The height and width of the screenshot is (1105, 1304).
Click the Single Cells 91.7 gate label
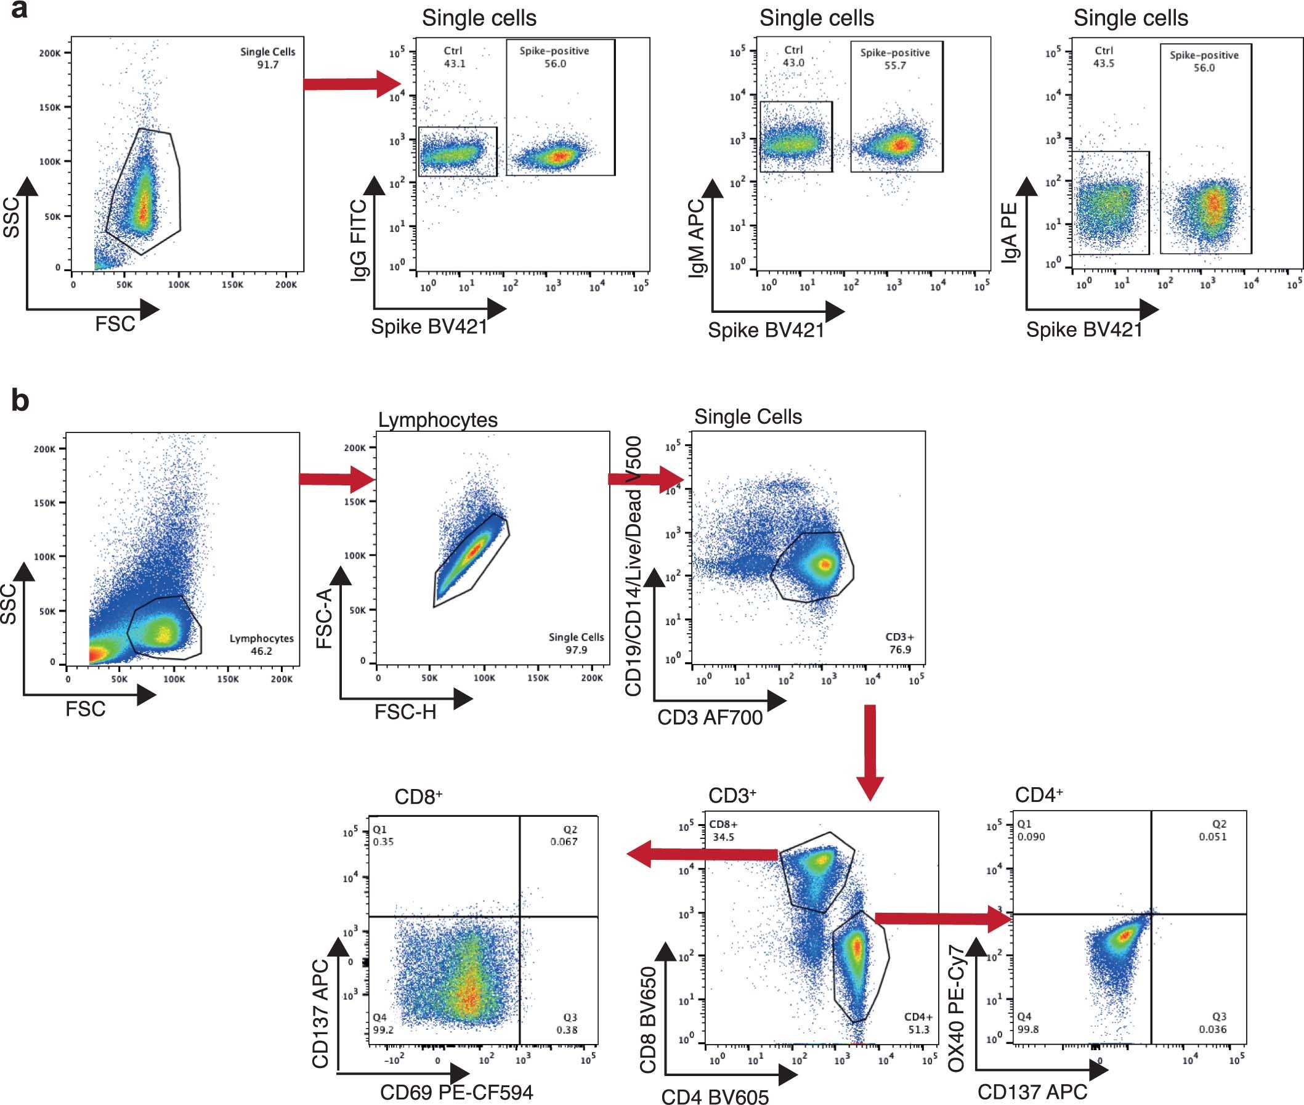(x=267, y=58)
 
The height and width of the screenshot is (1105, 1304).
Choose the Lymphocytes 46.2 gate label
(x=261, y=644)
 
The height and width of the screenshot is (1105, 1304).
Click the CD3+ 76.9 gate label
(x=899, y=643)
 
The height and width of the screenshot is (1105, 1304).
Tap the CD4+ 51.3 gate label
(x=918, y=1023)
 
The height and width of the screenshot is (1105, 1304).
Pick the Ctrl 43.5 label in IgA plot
(x=1104, y=57)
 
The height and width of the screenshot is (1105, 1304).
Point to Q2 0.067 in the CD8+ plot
(x=564, y=836)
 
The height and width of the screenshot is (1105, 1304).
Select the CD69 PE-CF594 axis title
(x=456, y=1093)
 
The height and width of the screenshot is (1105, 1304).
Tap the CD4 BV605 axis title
(x=715, y=1096)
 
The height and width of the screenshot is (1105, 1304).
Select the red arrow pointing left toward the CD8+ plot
(x=702, y=855)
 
